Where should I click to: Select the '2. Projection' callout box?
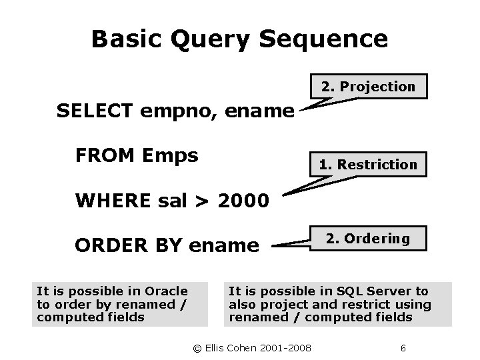368,86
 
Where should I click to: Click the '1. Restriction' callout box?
368,164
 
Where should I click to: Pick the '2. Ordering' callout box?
368,239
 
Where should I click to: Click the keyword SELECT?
96,111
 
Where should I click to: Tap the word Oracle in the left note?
167,291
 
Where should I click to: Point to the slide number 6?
403,348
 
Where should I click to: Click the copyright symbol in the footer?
196,348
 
